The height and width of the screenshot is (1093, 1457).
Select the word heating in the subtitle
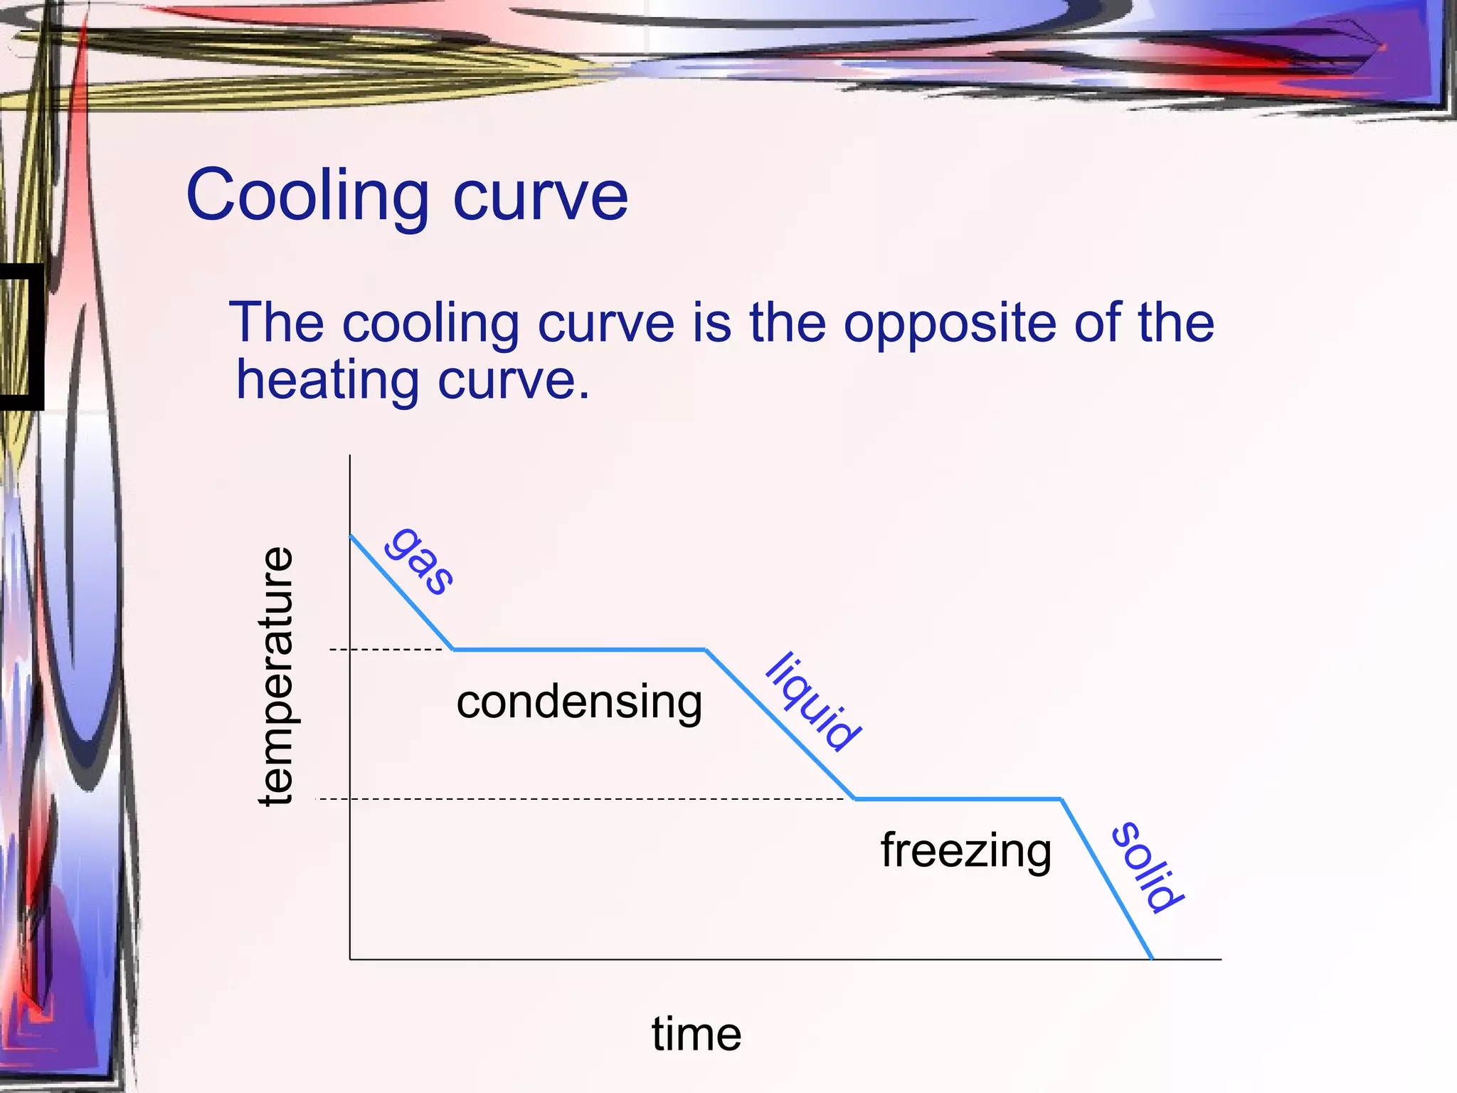point(327,381)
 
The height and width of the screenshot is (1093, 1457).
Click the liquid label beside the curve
point(812,702)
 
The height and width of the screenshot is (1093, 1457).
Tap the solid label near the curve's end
point(1147,867)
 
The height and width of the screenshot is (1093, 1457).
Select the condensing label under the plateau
point(579,703)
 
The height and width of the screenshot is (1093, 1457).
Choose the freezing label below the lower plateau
point(965,851)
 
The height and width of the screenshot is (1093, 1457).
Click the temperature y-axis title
point(276,676)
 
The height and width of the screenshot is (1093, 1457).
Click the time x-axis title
point(696,1034)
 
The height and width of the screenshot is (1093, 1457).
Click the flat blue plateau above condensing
point(580,650)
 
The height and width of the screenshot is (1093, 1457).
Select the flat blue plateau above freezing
point(958,799)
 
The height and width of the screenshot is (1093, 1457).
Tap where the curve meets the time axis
point(1152,959)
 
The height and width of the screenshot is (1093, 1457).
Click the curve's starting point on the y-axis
point(351,536)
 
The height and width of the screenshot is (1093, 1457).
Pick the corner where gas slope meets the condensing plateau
point(454,650)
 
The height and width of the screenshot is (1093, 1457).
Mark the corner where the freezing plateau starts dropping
point(1061,799)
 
